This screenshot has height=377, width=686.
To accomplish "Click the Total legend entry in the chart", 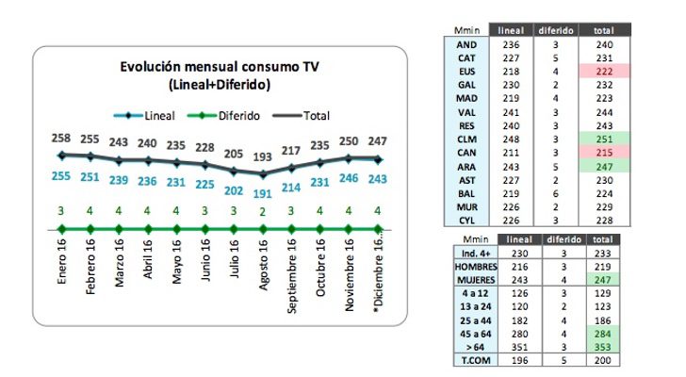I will pyautogui.click(x=301, y=117).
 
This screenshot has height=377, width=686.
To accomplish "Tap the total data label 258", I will pyautogui.click(x=61, y=138).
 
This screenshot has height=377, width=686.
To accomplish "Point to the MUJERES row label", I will pyautogui.click(x=465, y=281).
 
